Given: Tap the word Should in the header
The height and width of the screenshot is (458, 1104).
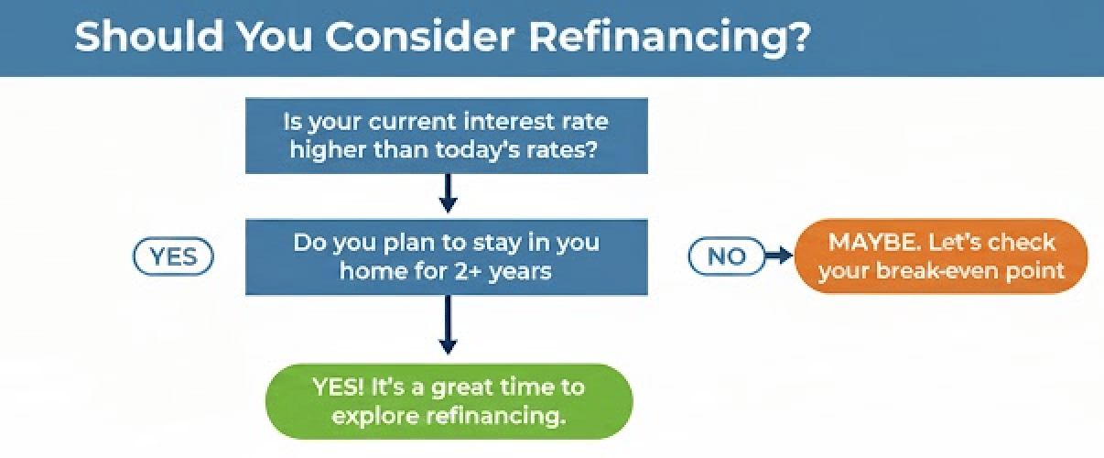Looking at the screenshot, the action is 149,36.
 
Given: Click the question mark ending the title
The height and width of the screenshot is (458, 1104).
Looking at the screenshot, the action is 798,36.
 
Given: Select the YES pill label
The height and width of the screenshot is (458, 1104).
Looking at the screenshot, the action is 173,256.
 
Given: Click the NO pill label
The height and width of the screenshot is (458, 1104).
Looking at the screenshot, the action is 727,256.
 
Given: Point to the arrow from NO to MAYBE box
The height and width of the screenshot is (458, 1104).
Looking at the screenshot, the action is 779,256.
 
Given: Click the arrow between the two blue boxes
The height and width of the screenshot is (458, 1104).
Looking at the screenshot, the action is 448,193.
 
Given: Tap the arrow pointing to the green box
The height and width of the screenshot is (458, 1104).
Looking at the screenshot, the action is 448,325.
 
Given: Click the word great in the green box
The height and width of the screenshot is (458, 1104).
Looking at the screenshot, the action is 462,388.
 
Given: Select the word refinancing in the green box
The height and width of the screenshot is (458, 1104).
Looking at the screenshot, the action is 496,415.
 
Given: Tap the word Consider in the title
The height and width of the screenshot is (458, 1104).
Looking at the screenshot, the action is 420,36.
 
